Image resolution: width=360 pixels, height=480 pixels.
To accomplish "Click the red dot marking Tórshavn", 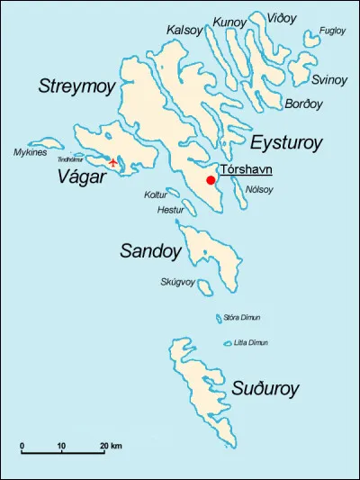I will tap(211, 180).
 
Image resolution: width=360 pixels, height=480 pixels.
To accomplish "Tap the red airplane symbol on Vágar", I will tap(112, 163).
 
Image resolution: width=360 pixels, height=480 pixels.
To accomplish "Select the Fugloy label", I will tap(332, 31).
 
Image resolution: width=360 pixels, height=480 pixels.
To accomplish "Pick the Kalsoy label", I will tap(184, 31).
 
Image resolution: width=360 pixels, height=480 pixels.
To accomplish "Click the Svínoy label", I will tap(329, 80).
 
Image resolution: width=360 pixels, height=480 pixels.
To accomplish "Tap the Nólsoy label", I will tap(260, 189).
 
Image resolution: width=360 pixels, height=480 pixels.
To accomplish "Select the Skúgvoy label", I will tap(177, 282).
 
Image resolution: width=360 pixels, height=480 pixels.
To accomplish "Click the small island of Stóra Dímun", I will tap(219, 318).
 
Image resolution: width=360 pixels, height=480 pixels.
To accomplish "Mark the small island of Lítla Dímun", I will tap(228, 342).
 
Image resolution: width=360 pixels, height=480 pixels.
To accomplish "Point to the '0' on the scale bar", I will tap(22, 446).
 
